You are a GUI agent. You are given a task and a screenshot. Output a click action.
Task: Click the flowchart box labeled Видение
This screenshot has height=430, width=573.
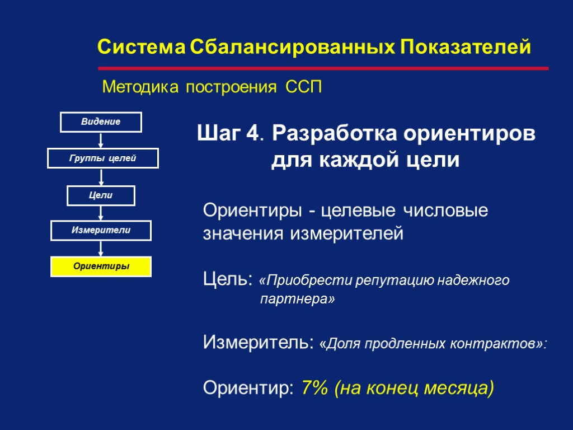pos(101,121)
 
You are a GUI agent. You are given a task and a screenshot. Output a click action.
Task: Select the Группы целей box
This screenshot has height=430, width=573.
pos(103,158)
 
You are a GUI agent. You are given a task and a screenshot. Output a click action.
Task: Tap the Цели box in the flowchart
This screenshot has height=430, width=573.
pos(101,195)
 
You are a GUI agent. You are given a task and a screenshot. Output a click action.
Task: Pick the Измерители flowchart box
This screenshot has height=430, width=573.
pos(101,230)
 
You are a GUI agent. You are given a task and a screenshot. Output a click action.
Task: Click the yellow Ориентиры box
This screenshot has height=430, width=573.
pos(101,267)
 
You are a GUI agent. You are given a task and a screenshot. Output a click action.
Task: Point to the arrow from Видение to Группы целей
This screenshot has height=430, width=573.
pos(101,140)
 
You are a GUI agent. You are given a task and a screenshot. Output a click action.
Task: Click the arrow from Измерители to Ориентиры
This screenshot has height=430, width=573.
pos(101,249)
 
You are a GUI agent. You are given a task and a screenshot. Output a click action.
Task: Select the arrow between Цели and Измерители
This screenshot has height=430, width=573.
pos(101,213)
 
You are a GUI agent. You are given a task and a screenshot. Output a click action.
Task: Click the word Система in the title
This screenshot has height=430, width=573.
pos(141,47)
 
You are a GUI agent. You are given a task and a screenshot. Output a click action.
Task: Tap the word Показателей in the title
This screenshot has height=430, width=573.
pos(466,47)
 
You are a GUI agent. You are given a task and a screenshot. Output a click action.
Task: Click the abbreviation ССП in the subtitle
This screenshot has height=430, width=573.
pos(303,87)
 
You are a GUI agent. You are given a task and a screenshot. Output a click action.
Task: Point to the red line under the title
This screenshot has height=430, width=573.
pos(323,68)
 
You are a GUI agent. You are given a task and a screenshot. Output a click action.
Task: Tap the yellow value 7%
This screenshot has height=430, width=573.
pos(314,387)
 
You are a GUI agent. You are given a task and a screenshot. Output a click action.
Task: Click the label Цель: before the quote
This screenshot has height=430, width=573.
pos(228,278)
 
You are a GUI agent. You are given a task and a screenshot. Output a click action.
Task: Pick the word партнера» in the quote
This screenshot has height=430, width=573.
pos(297,300)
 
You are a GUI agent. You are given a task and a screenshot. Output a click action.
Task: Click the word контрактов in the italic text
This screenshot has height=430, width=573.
pos(497,343)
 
